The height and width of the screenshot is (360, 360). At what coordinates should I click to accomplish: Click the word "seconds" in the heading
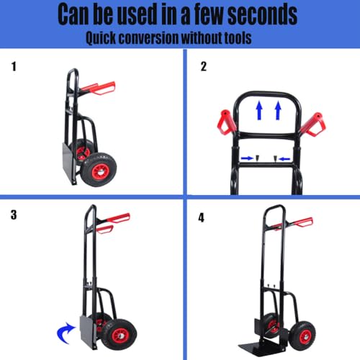(262, 14)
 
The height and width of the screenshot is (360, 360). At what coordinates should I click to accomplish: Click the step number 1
(14, 66)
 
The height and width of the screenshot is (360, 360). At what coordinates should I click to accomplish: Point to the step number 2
(204, 66)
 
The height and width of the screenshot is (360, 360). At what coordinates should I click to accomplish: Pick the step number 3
(14, 215)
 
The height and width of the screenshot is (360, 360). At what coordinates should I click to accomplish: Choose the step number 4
(202, 217)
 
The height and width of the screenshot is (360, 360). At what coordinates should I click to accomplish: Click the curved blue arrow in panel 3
(65, 333)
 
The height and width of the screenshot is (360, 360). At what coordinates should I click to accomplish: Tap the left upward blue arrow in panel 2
(259, 110)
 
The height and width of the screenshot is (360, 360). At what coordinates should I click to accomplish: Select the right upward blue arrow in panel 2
(278, 110)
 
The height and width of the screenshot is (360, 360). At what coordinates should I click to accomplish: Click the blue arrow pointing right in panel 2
(247, 158)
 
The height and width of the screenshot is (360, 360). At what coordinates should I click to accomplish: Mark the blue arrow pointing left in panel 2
(284, 158)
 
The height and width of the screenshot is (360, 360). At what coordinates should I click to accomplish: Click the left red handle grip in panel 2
(226, 122)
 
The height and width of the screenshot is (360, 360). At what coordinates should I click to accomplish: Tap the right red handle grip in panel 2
(312, 125)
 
